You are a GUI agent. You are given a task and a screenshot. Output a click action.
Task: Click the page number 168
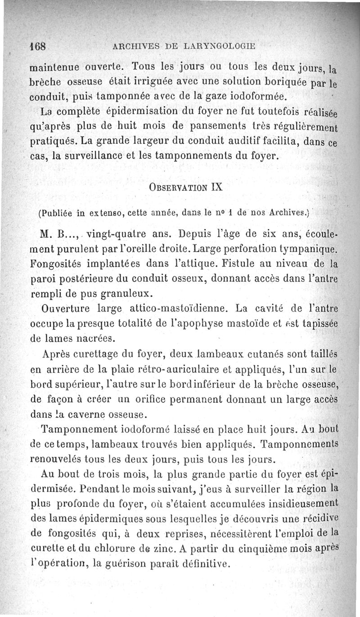click(x=39, y=46)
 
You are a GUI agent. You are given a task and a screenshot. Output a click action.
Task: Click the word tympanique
click(x=309, y=248)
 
